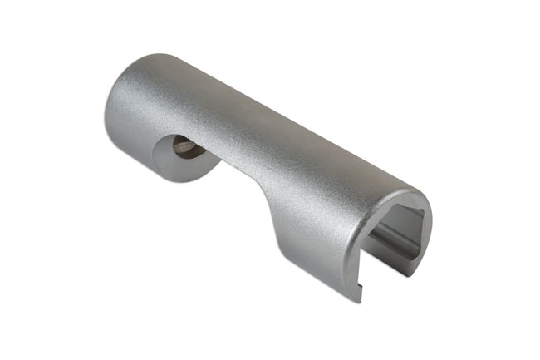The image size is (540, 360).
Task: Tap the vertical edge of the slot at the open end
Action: point(366,258)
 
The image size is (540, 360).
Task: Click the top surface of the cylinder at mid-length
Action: point(266,112)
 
